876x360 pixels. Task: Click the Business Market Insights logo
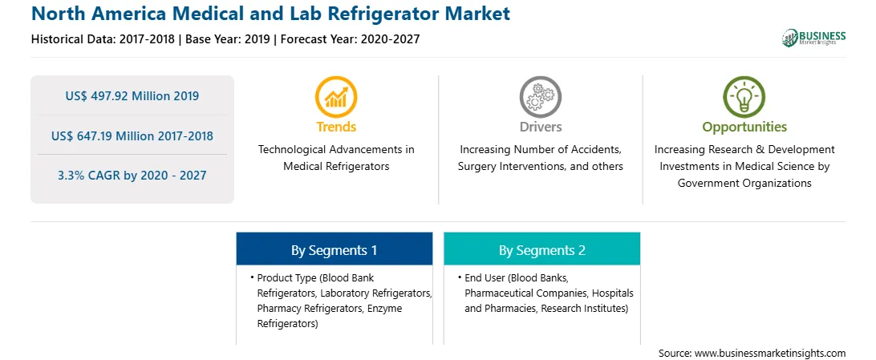coord(813,38)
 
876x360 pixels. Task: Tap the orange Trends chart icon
coord(336,97)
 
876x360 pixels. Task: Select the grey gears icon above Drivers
coord(540,97)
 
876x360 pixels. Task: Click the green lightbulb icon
coord(744,97)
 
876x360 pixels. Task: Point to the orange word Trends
coord(336,127)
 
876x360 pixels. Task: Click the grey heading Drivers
coord(540,127)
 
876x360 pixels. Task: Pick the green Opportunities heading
coord(744,127)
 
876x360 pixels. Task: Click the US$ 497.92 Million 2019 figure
coord(132,96)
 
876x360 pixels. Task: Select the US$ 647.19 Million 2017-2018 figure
coord(132,136)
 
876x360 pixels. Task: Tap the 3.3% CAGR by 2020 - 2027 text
coord(132,176)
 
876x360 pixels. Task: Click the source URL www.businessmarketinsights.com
coord(770,354)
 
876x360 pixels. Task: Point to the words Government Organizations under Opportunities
coord(744,183)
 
